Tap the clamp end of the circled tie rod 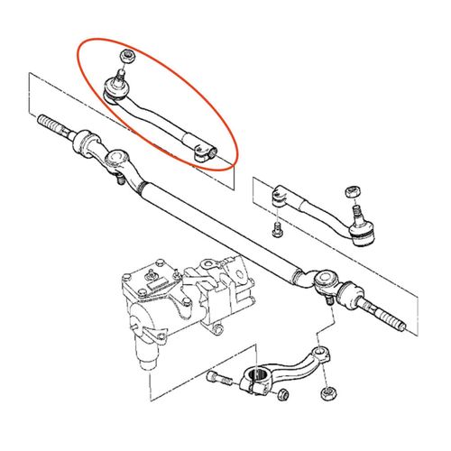[204, 149]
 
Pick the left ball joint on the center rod [115, 162]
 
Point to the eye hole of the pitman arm [318, 353]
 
